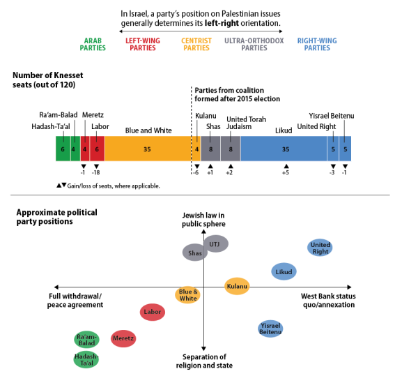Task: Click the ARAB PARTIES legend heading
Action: (x=93, y=45)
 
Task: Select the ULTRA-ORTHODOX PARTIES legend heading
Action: (x=254, y=45)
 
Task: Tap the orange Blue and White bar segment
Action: (x=148, y=149)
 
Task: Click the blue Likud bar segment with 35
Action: (x=284, y=149)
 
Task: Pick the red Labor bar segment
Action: (x=97, y=149)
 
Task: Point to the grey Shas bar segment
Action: (x=210, y=149)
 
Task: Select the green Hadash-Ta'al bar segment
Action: (x=63, y=149)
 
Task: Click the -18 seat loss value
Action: (x=96, y=173)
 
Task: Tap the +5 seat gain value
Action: (x=286, y=173)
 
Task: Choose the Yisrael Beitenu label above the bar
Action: (x=332, y=116)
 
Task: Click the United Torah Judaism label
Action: (x=246, y=123)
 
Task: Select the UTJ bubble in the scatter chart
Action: (x=216, y=244)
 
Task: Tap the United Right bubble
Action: (x=320, y=248)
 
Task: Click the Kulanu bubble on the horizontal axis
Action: (x=237, y=286)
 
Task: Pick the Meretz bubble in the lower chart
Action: (x=123, y=338)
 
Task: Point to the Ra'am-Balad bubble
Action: (x=86, y=340)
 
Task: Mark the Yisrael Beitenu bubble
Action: (x=270, y=329)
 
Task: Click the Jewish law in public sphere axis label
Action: (x=203, y=220)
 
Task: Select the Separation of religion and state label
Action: (x=204, y=361)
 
